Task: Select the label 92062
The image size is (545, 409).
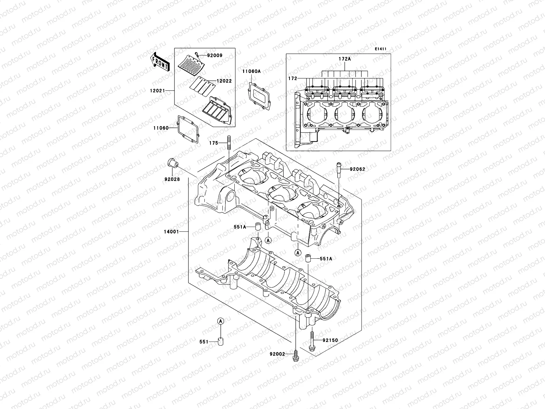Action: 357,169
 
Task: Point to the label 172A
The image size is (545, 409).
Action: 344,59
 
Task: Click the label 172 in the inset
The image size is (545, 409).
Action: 292,78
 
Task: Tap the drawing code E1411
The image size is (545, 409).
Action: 380,49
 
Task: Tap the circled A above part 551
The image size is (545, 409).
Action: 221,321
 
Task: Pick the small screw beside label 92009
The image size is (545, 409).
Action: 197,54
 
